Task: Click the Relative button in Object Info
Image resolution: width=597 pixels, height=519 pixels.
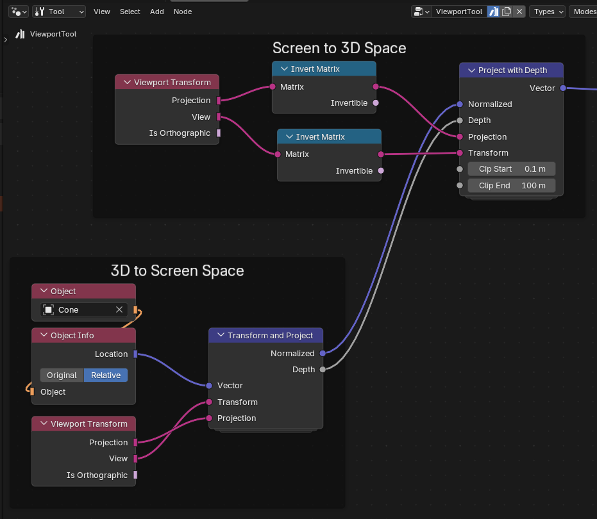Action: [106, 375]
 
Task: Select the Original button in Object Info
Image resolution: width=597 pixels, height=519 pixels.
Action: [62, 375]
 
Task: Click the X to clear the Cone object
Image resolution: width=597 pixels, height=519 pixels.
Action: [119, 309]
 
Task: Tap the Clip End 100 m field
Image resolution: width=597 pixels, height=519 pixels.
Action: [511, 186]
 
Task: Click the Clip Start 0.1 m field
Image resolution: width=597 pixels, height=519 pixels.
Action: [511, 169]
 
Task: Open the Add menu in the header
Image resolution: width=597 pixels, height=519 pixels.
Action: [157, 12]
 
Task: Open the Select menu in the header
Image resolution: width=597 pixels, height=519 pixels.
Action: [130, 12]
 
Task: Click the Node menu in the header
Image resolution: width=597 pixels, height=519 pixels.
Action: [183, 12]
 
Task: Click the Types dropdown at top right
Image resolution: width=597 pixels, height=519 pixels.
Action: [547, 12]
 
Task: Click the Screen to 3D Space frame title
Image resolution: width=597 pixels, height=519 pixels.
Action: [339, 48]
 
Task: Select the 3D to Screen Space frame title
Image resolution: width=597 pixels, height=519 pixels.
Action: [178, 271]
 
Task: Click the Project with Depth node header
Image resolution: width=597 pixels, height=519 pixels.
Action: [511, 70]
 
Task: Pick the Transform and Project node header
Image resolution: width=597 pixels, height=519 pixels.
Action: [265, 335]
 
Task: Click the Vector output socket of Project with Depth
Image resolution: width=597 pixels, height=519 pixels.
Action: [563, 88]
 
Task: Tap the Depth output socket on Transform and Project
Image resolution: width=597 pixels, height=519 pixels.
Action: [323, 370]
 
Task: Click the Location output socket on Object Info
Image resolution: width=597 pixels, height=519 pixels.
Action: [135, 354]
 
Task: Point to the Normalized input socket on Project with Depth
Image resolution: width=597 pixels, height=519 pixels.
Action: [460, 104]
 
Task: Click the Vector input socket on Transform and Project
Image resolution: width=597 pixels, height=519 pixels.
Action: [209, 386]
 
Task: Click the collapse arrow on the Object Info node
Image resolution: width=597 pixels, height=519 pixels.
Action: [44, 335]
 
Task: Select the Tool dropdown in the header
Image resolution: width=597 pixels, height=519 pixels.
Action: [59, 12]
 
